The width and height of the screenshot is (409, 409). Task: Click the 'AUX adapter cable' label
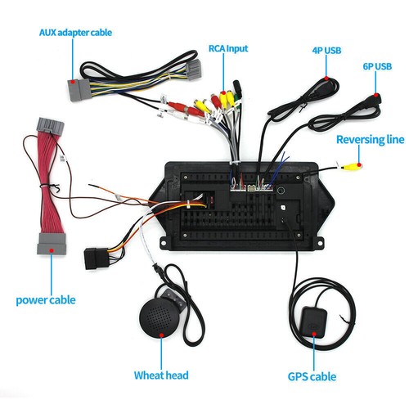pyautogui.click(x=76, y=33)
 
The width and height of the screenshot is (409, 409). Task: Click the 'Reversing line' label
pyautogui.click(x=371, y=139)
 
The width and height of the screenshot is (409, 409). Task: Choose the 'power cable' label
pyautogui.click(x=46, y=299)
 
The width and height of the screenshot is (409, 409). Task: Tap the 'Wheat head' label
pyautogui.click(x=161, y=375)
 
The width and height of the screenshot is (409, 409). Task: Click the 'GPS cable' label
pyautogui.click(x=310, y=377)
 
